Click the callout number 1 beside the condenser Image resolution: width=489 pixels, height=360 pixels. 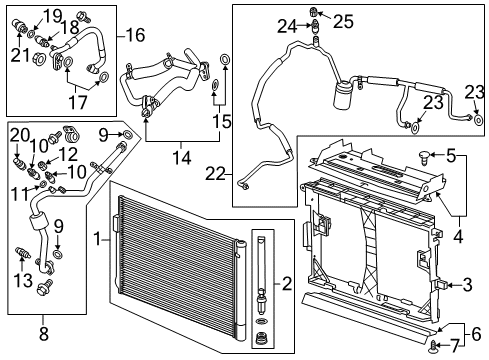tap(97, 240)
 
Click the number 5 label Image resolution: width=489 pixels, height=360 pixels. tap(452, 155)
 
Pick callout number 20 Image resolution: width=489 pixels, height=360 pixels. tap(18, 134)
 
